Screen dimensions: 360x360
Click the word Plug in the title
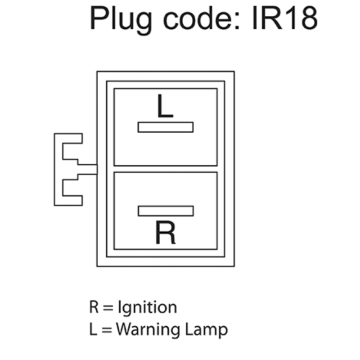(121, 20)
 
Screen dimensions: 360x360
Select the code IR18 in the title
(285, 18)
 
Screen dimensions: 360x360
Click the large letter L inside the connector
(165, 106)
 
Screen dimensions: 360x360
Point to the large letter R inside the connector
(166, 232)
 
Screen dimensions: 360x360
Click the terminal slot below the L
(166, 127)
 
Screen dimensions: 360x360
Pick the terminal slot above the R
(166, 211)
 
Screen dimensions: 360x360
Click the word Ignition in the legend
(148, 307)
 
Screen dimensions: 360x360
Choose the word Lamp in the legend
(207, 330)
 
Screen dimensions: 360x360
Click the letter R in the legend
(94, 307)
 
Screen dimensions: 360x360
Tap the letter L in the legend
(93, 329)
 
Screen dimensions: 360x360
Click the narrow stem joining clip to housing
(87, 170)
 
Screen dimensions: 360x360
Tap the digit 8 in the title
(310, 18)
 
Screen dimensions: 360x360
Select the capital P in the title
(99, 18)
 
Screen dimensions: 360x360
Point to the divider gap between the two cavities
(166, 169)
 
